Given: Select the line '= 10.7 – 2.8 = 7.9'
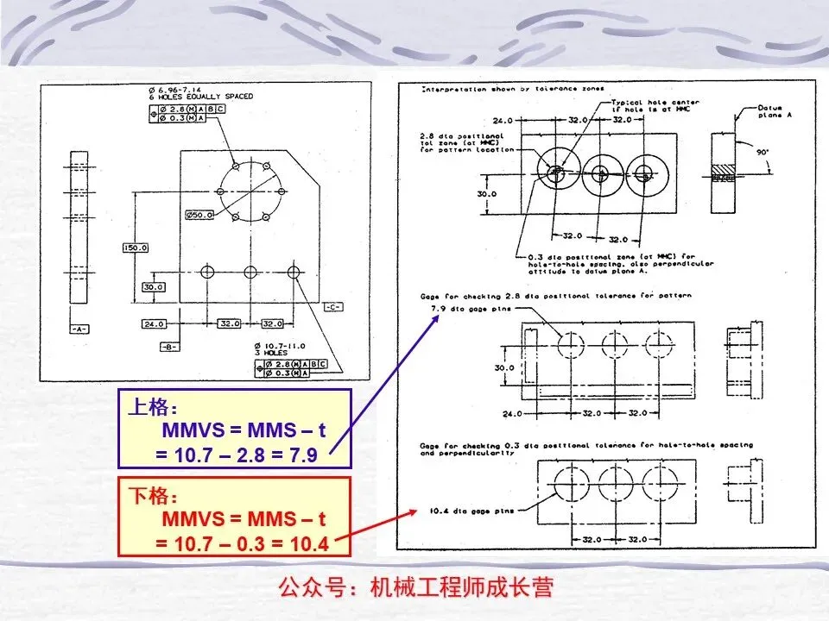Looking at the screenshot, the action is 237,455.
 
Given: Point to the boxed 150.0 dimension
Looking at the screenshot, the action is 136,248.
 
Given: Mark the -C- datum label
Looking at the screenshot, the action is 333,307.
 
